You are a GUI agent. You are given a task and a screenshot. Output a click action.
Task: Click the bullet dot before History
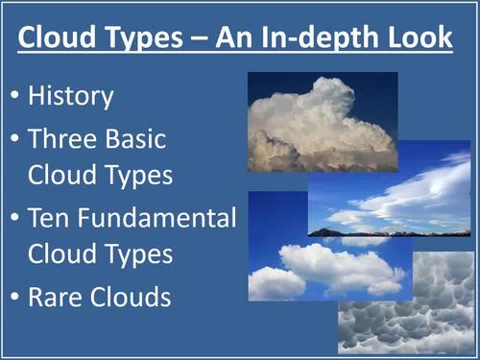pos(14,97)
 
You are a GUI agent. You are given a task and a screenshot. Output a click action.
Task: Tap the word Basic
pos(135,139)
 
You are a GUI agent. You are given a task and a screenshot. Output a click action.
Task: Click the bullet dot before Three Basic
pos(14,140)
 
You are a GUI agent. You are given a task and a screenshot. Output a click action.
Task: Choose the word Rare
pos(56,297)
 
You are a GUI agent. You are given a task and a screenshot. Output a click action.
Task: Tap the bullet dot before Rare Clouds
pos(14,298)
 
